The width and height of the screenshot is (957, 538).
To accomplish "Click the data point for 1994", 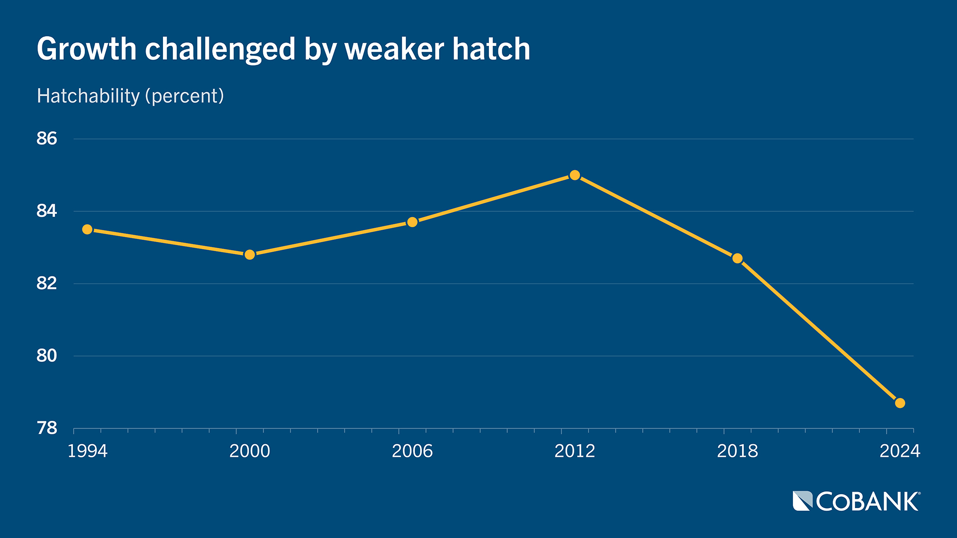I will click(87, 229).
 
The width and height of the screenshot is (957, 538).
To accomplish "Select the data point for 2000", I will click(250, 255).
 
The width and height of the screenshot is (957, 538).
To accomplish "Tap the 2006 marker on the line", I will click(412, 222).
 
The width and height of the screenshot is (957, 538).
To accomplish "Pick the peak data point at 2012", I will click(575, 175).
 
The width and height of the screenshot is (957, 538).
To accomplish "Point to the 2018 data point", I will click(737, 258).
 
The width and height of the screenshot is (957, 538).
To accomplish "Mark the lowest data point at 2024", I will click(900, 403).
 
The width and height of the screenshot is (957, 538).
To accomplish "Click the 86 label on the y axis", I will click(47, 138).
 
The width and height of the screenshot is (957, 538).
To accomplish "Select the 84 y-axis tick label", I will click(47, 211).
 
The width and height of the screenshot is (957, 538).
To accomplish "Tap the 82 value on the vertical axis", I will click(47, 283).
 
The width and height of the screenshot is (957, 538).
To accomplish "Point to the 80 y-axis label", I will click(47, 356).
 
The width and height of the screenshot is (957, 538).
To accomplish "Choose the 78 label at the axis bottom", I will click(47, 428).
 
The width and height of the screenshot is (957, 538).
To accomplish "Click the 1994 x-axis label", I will click(87, 451).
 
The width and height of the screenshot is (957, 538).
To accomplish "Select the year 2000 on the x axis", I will click(250, 451).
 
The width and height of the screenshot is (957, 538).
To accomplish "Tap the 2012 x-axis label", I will click(575, 451).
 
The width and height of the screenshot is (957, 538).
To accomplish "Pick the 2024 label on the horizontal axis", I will click(900, 451).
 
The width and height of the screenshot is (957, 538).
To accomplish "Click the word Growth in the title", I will click(87, 49).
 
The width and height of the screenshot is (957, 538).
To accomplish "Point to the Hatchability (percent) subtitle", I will click(131, 96).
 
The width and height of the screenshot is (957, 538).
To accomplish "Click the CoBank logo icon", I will click(802, 501).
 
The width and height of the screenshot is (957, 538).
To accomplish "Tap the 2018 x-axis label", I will click(737, 451).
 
